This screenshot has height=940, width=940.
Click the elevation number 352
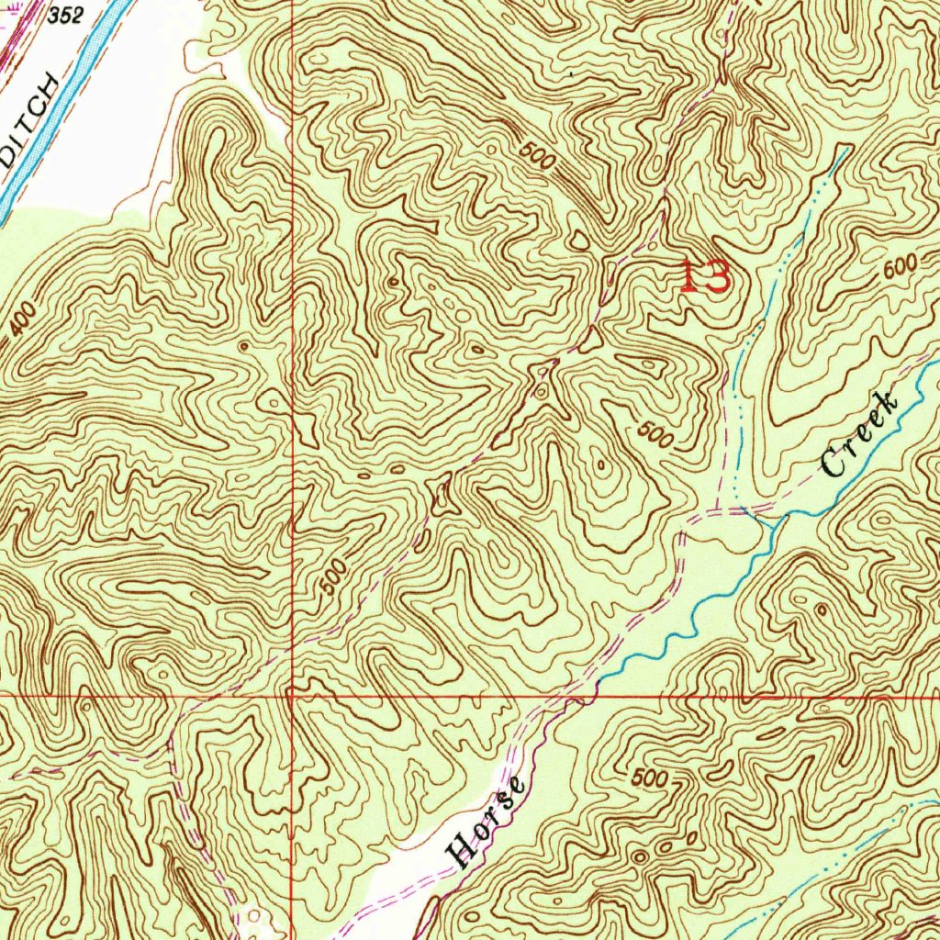pyautogui.click(x=65, y=16)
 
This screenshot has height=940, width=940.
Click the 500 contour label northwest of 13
pyautogui.click(x=537, y=157)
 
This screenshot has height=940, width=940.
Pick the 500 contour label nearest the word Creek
pyautogui.click(x=655, y=434)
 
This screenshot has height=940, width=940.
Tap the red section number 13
pyautogui.click(x=704, y=275)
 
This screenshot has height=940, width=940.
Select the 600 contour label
pyautogui.click(x=901, y=269)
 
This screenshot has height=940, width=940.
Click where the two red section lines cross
pyautogui.click(x=291, y=696)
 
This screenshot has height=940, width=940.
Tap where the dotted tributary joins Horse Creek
pyautogui.click(x=762, y=520)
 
